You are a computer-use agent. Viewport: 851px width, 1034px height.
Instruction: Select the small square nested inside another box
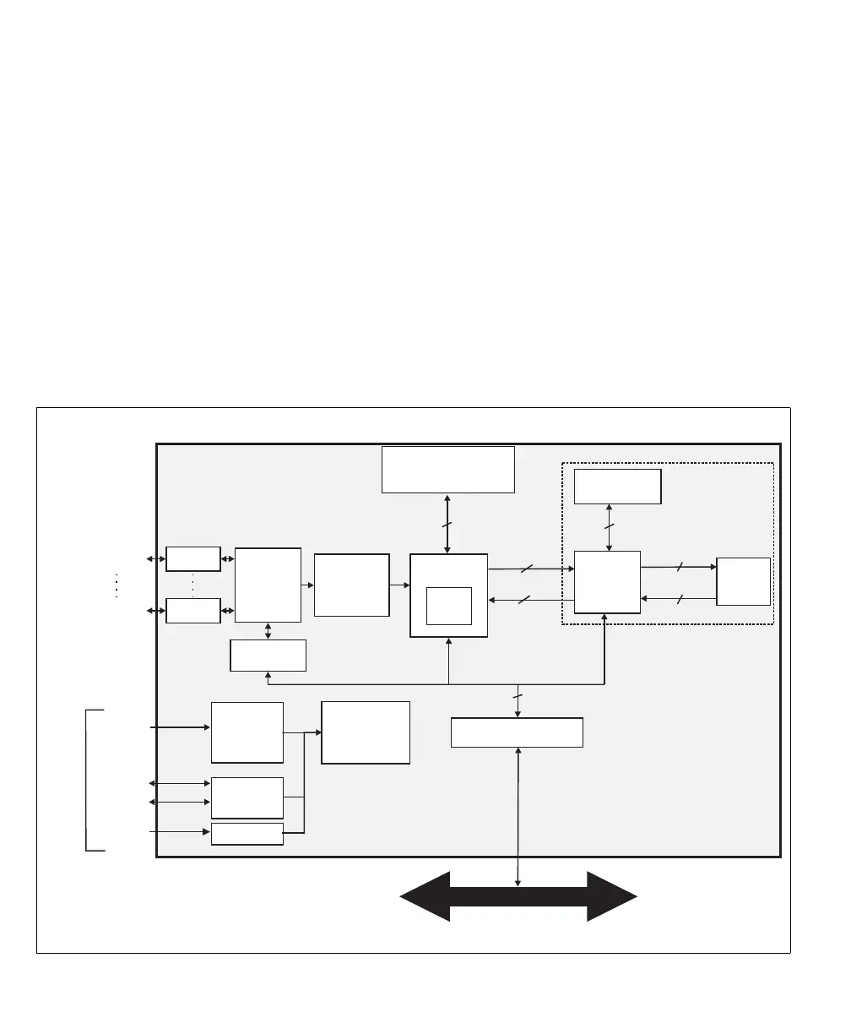coord(448,605)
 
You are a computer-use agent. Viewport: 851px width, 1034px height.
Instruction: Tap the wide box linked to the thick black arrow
coord(517,732)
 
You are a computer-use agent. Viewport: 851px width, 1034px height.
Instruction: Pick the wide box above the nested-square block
coord(447,469)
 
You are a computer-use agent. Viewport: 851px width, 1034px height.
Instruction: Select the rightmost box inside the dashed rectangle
coord(743,581)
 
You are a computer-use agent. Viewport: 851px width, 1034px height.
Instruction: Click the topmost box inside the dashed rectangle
coord(617,487)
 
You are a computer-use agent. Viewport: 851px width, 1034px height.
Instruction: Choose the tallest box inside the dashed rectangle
coord(607,581)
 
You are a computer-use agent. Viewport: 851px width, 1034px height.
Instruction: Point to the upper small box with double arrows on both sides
coord(193,559)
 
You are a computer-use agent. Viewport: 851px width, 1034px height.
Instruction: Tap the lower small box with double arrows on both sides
coord(193,610)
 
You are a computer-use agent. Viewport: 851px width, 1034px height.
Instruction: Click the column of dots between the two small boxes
coord(193,585)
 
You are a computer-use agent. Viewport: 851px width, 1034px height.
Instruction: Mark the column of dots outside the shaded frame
coord(115,585)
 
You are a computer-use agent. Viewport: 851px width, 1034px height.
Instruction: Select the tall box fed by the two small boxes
coord(268,585)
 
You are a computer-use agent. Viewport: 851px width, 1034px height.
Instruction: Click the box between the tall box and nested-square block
coord(351,585)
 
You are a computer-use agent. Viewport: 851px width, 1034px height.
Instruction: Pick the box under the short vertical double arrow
coord(268,656)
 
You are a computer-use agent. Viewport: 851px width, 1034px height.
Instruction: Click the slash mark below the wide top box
coord(447,525)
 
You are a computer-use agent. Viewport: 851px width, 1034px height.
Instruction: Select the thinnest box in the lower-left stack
coord(247,834)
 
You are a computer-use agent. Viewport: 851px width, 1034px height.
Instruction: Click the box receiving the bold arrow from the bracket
coord(247,732)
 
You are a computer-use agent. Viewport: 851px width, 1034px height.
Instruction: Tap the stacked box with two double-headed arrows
coord(247,797)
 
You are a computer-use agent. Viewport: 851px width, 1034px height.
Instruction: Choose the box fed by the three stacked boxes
coord(366,732)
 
